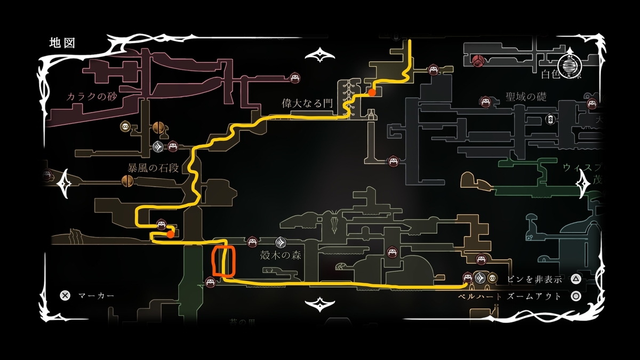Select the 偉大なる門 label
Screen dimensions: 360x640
coord(306,104)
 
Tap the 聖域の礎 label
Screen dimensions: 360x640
coord(526,97)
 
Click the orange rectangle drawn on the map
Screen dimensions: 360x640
coord(223,261)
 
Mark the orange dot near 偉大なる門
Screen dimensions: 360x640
coord(372,93)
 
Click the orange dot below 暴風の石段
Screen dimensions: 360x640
coord(170,234)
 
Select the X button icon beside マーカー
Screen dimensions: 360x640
coord(65,295)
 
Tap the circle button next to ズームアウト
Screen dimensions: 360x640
coord(575,296)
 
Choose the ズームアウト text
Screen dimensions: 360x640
coord(539,296)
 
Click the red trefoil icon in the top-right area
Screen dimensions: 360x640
coord(478,61)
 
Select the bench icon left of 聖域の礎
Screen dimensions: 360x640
coord(485,101)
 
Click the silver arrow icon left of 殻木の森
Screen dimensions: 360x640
coord(282,242)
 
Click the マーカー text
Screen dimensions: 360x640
coord(96,295)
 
